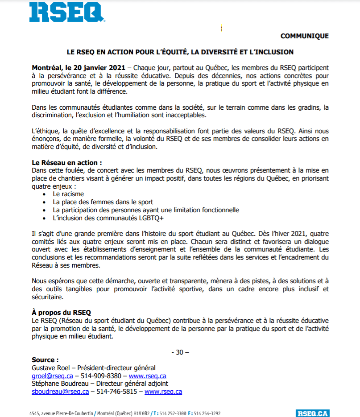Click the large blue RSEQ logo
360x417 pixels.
[67, 12]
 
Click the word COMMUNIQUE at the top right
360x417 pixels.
[305, 36]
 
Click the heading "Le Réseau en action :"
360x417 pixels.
[63, 163]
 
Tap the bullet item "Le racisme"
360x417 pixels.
[68, 194]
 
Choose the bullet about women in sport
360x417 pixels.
[103, 202]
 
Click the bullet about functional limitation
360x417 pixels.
[146, 210]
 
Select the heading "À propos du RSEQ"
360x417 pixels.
[62, 313]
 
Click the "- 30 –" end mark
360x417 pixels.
[180, 352]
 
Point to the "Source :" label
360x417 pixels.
[45, 359]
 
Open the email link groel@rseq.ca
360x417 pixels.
[52, 376]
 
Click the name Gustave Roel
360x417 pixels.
[51, 367]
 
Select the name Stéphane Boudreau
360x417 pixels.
[58, 384]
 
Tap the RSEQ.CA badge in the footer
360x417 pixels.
[312, 413]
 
